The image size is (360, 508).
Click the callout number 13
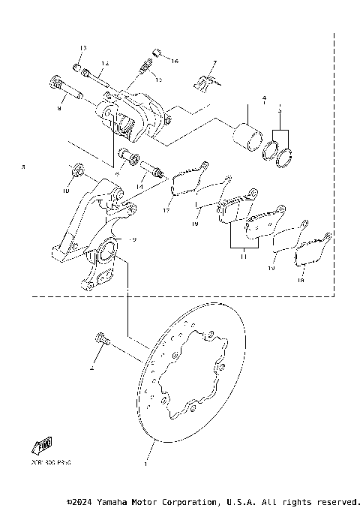pyautogui.click(x=82, y=48)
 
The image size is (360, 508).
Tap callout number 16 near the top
pyautogui.click(x=175, y=60)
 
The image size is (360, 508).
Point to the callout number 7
pyautogui.click(x=214, y=63)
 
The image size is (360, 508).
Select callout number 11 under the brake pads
pyautogui.click(x=244, y=256)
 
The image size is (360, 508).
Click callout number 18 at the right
pyautogui.click(x=301, y=281)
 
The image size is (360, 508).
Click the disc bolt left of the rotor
pyautogui.click(x=102, y=341)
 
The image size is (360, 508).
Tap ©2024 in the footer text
pyautogui.click(x=80, y=501)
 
